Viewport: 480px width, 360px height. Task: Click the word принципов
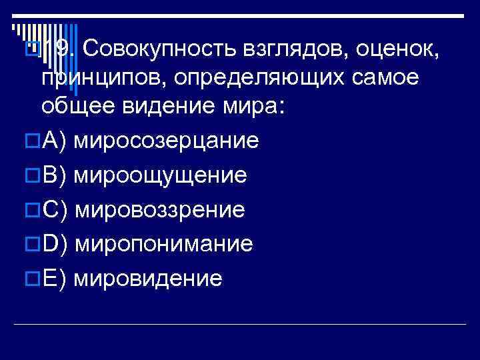pos(100,78)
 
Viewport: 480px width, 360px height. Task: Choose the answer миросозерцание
pos(167,141)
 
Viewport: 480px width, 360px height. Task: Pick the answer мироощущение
pos(161,175)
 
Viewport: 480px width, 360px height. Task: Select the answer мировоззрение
pos(161,210)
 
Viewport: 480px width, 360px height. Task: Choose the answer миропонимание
pos(164,244)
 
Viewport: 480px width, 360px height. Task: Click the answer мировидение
pos(148,278)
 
